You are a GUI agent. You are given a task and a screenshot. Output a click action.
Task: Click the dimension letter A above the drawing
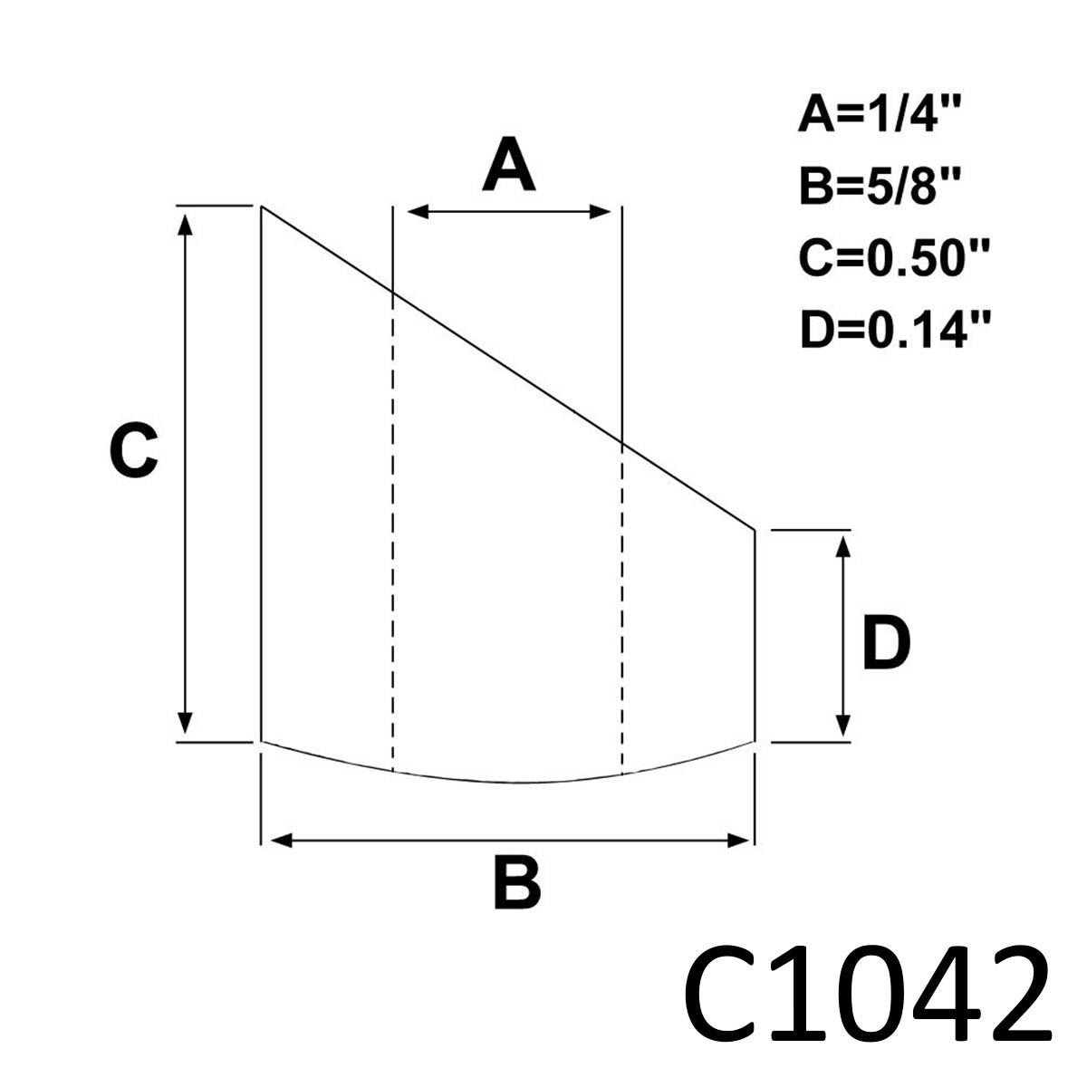(x=508, y=164)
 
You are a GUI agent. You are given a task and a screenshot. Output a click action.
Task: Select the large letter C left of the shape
(x=134, y=450)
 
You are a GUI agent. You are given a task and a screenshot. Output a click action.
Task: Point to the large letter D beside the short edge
(x=886, y=642)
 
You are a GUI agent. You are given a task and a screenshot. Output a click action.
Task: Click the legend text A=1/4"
(x=880, y=115)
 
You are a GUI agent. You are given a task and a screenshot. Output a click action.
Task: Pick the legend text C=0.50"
(x=895, y=258)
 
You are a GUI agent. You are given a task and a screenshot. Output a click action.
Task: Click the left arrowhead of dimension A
(x=418, y=212)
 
